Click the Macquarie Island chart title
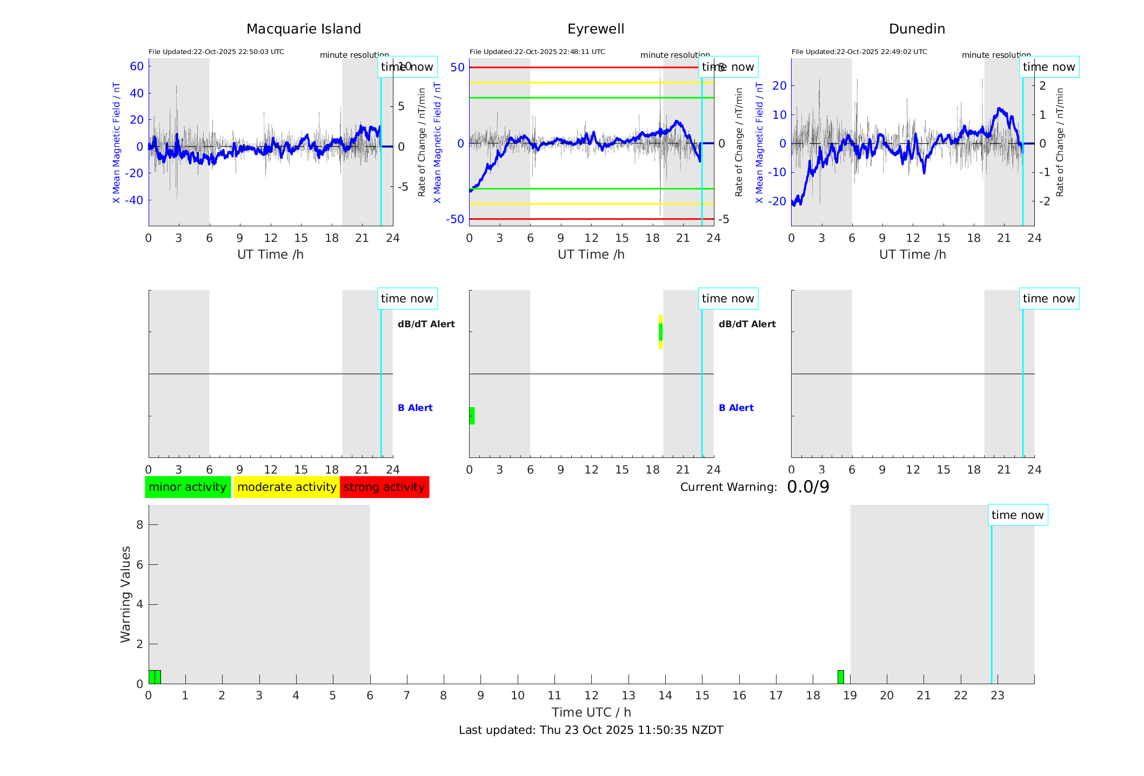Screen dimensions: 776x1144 tap(304, 29)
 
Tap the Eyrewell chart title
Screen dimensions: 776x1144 tap(596, 29)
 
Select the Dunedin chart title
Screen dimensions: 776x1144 tap(916, 29)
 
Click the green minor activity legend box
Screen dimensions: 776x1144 tap(188, 487)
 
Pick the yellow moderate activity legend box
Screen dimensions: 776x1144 tap(286, 487)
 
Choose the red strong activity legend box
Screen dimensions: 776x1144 tap(384, 487)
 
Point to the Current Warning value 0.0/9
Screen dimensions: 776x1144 tap(808, 487)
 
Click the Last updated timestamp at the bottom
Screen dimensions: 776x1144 tap(591, 730)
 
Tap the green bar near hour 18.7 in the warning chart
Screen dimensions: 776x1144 tap(840, 677)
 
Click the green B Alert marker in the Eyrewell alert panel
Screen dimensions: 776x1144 tap(472, 416)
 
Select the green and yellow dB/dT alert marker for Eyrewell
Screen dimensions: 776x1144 tap(660, 332)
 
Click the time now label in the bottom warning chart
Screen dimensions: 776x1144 tap(1018, 515)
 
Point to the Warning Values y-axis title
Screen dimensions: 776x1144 tap(125, 594)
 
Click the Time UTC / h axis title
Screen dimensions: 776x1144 tap(591, 712)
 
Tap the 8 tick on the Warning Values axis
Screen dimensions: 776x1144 tap(139, 525)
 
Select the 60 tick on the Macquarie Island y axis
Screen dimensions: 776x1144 tap(137, 66)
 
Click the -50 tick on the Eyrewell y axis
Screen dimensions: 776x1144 tap(455, 219)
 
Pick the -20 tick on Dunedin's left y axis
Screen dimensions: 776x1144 tap(779, 201)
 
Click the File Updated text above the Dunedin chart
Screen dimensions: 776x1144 tap(859, 52)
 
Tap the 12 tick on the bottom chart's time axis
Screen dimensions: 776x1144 tap(591, 696)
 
